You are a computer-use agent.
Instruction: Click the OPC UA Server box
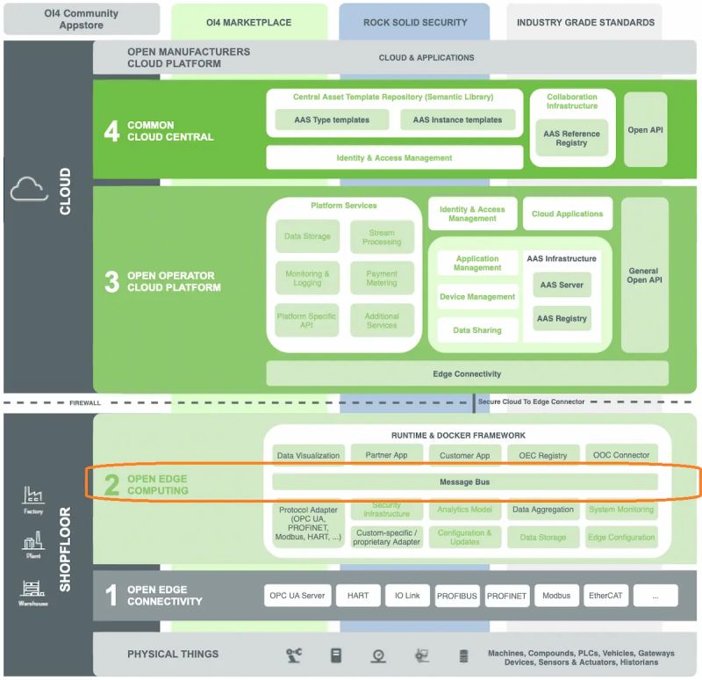(296, 596)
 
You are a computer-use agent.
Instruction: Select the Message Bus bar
(464, 481)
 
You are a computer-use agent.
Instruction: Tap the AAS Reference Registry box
(571, 138)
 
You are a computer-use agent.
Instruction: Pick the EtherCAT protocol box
(605, 596)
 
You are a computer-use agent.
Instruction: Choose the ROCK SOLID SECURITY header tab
(414, 22)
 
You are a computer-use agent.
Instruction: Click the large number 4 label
(111, 131)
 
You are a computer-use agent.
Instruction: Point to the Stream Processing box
(382, 237)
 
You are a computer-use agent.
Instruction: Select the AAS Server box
(562, 286)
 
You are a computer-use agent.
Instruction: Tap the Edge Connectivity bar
(467, 373)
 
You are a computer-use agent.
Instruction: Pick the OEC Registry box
(543, 455)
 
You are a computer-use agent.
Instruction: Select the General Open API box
(643, 275)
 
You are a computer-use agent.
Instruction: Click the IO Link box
(406, 596)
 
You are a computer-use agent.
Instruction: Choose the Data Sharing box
(477, 330)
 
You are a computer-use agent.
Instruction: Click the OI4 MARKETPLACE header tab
(248, 22)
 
